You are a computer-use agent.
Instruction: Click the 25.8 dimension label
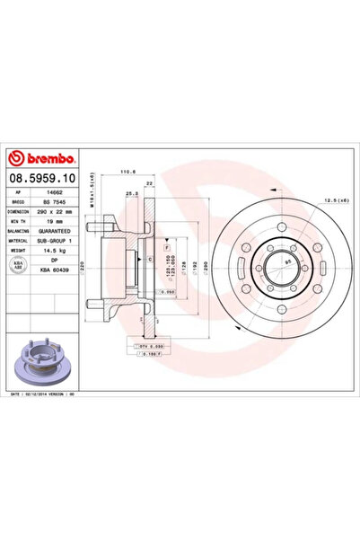click(x=132, y=192)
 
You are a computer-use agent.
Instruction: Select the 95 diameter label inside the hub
click(x=285, y=262)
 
